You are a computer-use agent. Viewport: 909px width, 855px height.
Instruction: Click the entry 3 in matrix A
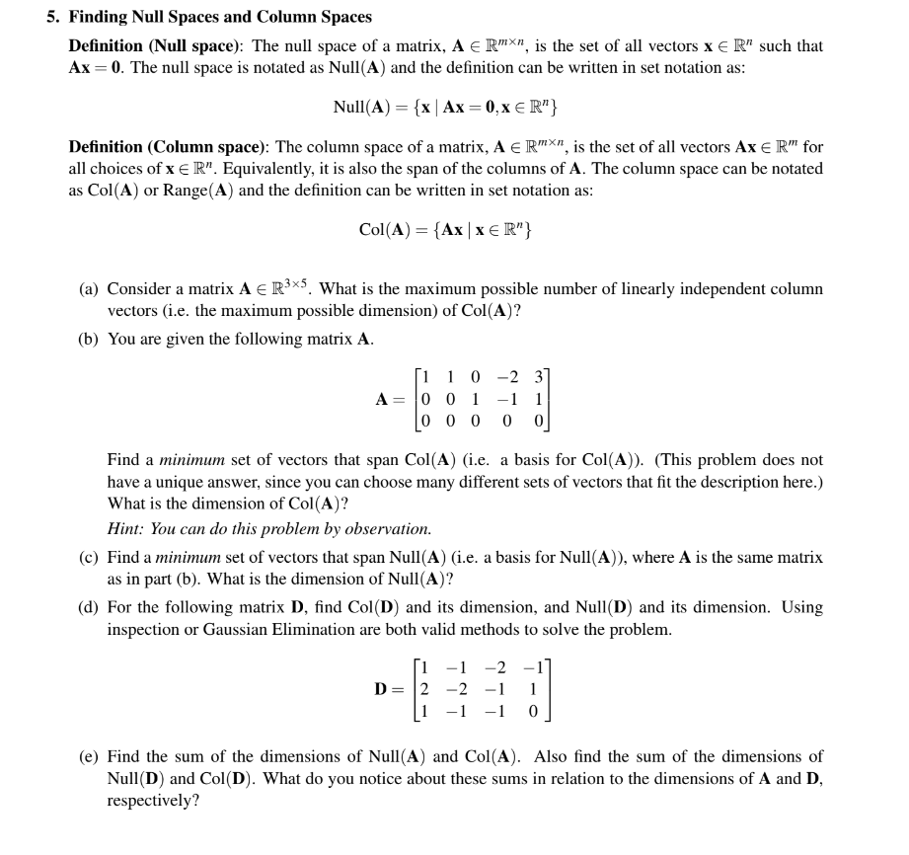[538, 375]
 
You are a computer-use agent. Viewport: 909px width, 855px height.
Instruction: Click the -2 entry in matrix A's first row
[505, 375]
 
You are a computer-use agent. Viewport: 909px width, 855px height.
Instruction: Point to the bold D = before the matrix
[391, 687]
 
